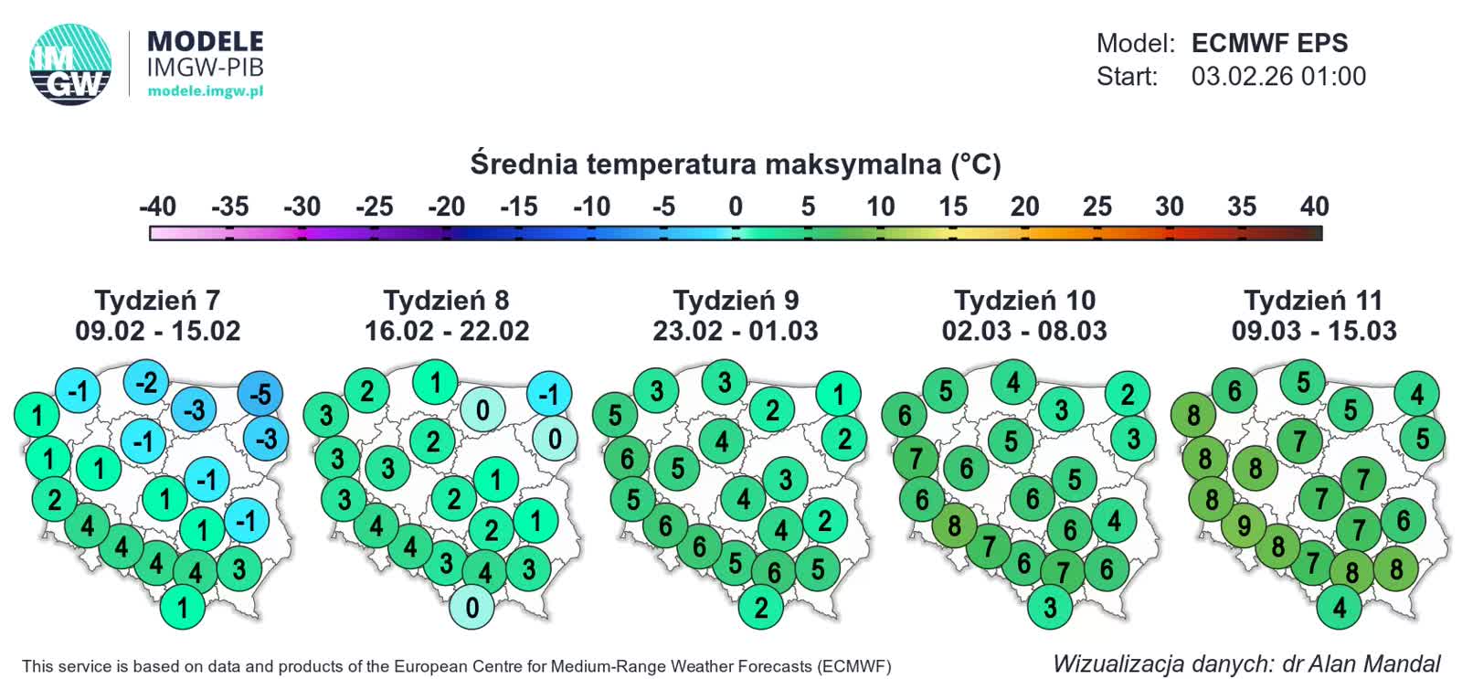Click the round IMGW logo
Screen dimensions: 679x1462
pos(70,64)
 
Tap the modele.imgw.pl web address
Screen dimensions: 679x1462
pos(205,91)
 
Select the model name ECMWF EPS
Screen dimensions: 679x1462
pos(1269,43)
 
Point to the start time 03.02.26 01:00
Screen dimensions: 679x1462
pos(1278,76)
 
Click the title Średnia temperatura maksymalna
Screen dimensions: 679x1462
pos(735,164)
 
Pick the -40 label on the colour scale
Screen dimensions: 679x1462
pos(157,207)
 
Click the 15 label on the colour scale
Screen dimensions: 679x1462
pos(952,207)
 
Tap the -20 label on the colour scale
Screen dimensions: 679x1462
pos(446,207)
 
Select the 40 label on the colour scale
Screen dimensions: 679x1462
pos(1314,207)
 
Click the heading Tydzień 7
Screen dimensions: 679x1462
pos(157,301)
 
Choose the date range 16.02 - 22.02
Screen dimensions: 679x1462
pos(447,331)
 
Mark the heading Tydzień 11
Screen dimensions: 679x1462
pos(1313,301)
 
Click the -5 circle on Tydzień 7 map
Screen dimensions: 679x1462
pos(260,395)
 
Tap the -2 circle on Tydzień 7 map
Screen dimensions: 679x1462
pos(146,382)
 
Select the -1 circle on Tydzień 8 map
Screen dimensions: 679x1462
pos(549,395)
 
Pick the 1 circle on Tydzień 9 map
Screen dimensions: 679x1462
pos(839,395)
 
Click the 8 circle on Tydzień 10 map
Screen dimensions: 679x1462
pos(954,526)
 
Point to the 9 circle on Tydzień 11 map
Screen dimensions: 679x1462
pos(1244,526)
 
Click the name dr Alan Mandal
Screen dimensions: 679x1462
pos(1361,663)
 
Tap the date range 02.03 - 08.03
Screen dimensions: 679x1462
pos(1024,331)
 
